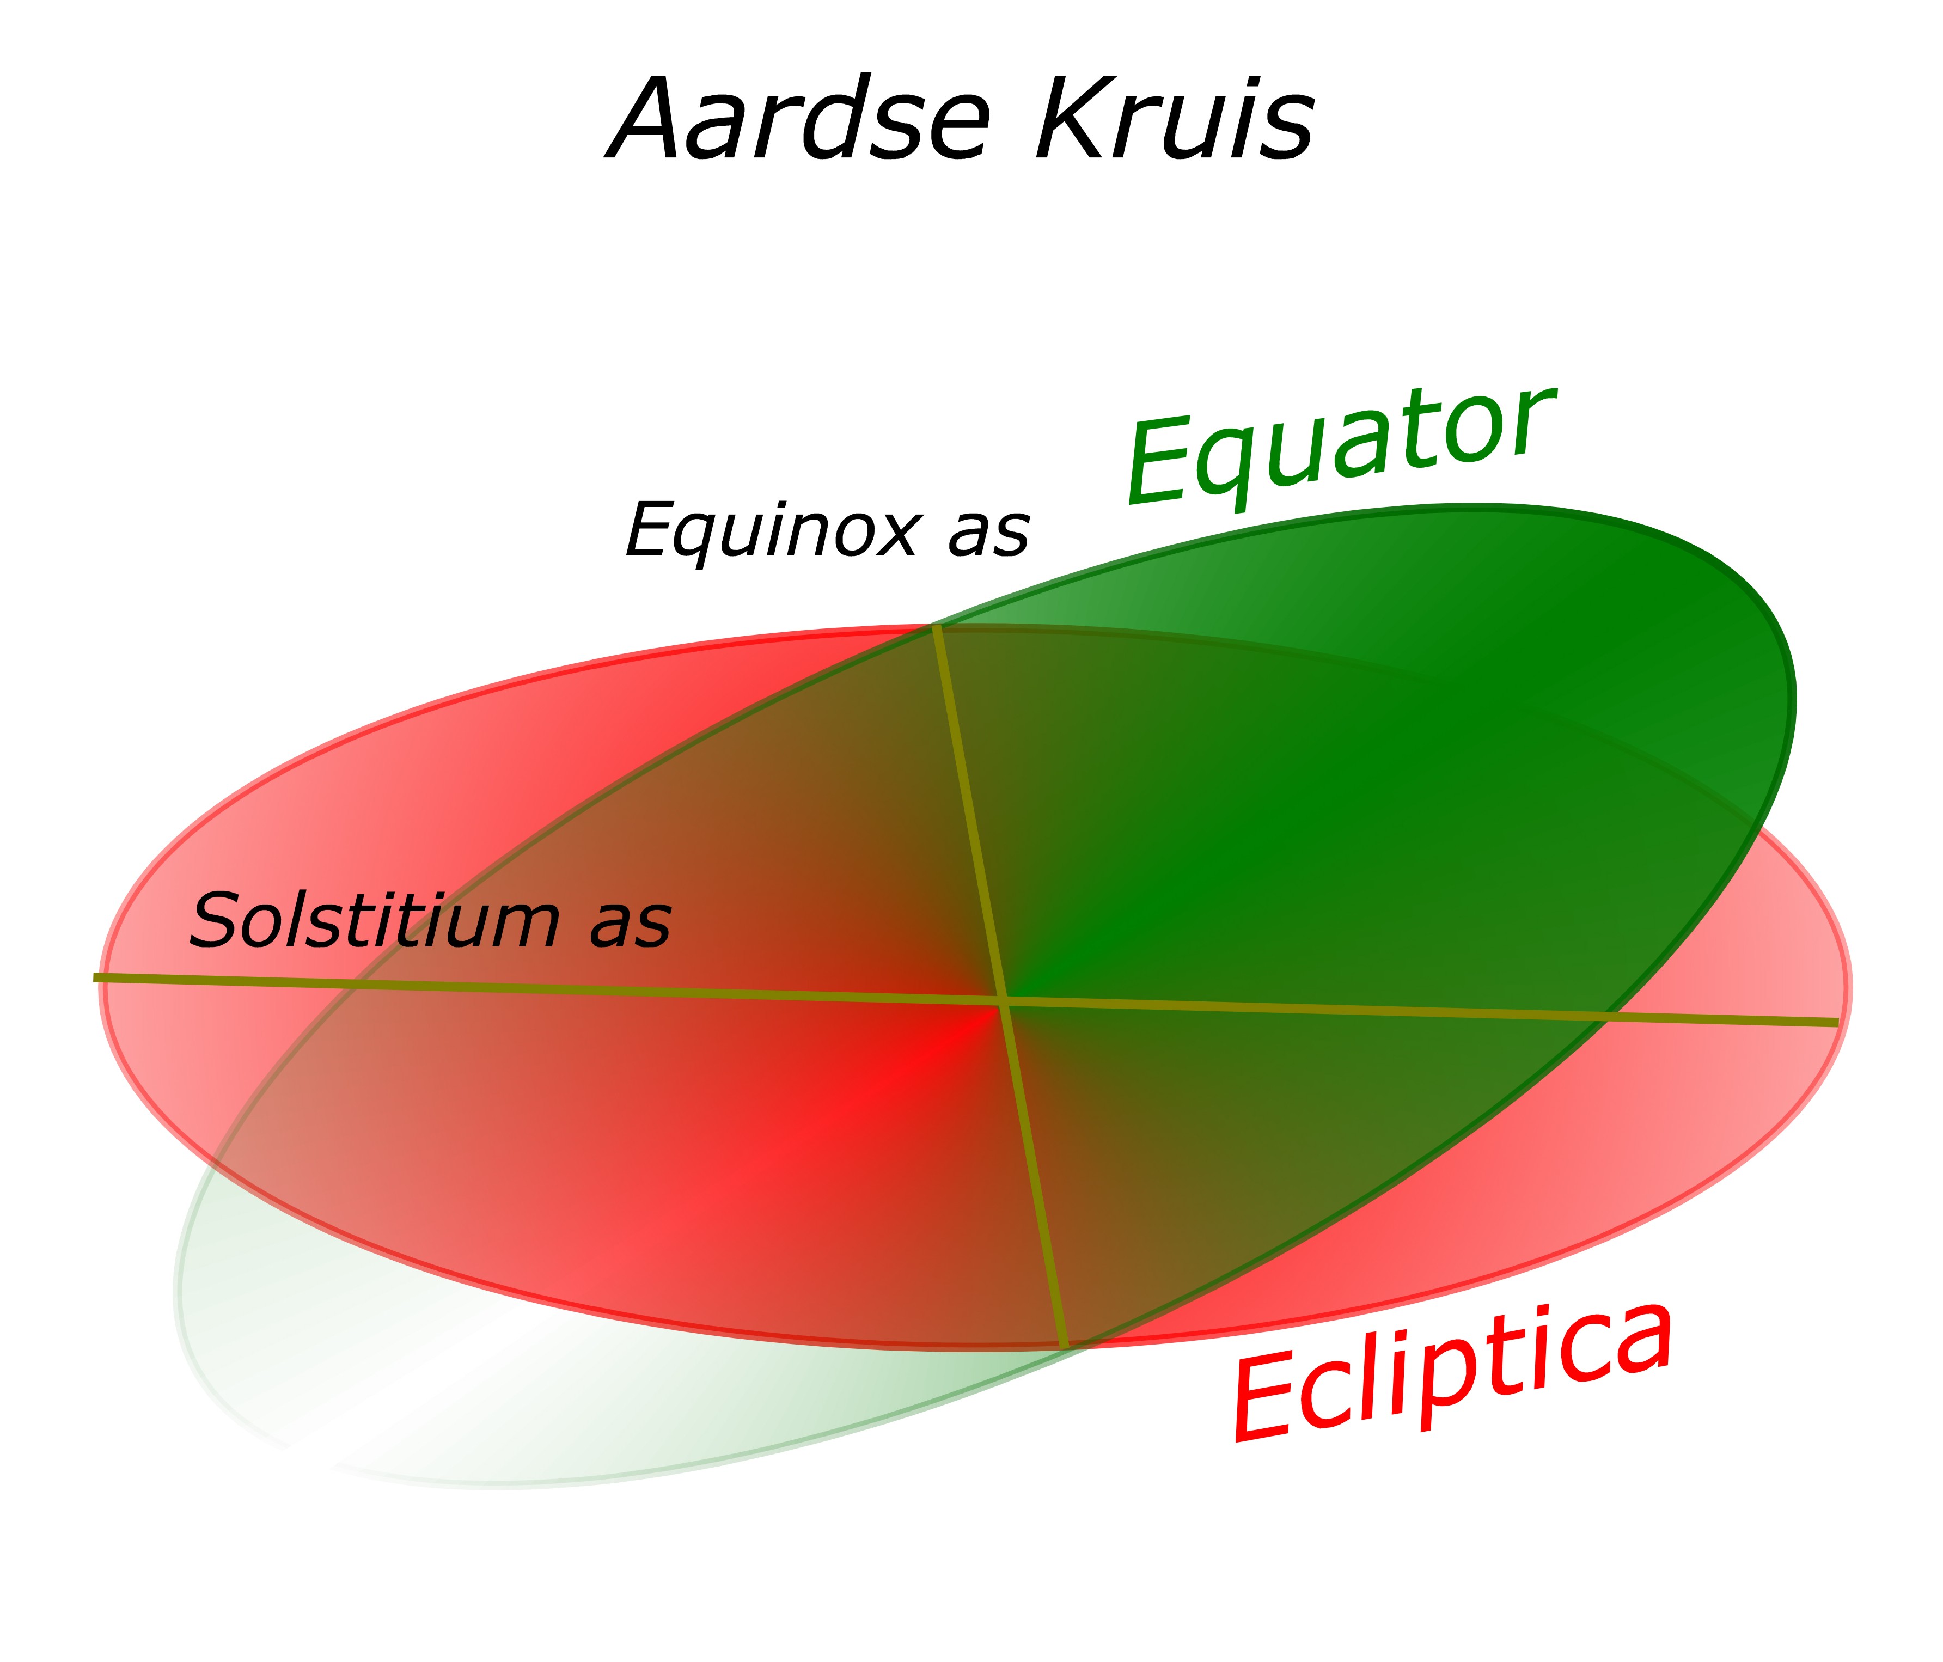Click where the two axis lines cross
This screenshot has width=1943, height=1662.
(x=1004, y=1001)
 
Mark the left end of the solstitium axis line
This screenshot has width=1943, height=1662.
(x=95, y=978)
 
